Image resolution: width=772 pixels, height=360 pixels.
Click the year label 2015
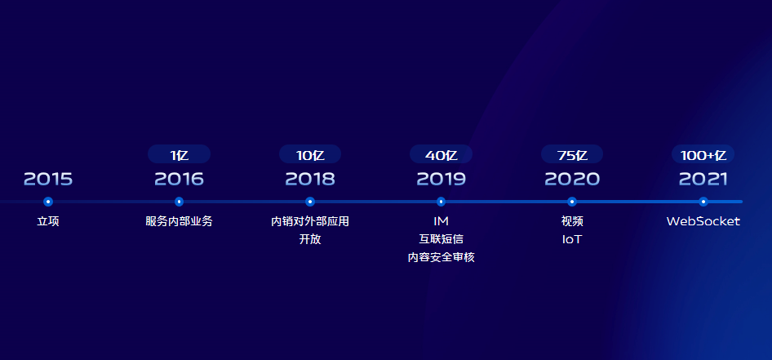(48, 179)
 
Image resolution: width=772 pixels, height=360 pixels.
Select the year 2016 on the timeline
(179, 179)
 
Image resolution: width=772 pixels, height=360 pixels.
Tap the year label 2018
(309, 179)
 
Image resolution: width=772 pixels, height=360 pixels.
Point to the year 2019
(441, 179)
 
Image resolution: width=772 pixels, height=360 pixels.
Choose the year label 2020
(571, 179)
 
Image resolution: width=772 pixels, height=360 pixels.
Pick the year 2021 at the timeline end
(703, 179)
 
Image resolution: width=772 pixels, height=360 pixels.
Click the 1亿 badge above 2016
(180, 154)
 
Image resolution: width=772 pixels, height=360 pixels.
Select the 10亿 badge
(310, 154)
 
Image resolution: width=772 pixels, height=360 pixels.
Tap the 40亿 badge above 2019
(441, 154)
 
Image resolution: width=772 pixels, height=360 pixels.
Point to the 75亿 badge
(572, 154)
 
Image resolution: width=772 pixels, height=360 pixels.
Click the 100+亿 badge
(703, 154)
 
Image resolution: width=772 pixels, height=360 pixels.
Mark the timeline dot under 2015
(48, 202)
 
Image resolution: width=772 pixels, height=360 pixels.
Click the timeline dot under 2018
(309, 202)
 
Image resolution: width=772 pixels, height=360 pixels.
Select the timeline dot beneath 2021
(703, 202)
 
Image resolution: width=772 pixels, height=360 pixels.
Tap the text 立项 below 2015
(48, 221)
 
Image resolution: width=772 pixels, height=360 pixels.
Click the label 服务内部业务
(179, 221)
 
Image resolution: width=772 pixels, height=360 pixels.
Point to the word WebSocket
(703, 221)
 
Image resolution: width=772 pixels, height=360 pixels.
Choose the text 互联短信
(441, 239)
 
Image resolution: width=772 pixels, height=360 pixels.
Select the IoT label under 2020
(571, 239)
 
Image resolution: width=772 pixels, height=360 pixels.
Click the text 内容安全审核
(441, 257)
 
